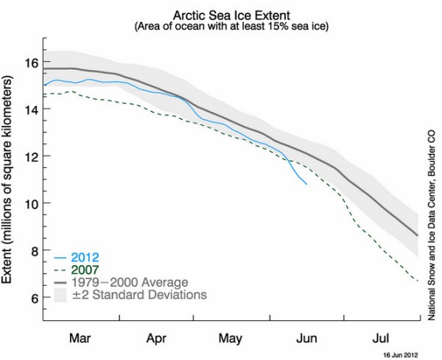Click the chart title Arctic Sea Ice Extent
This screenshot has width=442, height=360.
pos(229,14)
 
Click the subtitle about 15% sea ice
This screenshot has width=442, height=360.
pos(229,27)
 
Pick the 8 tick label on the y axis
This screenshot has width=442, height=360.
pos(33,250)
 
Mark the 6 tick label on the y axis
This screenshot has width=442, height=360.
pos(33,297)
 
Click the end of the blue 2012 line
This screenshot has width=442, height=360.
pos(306,184)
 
